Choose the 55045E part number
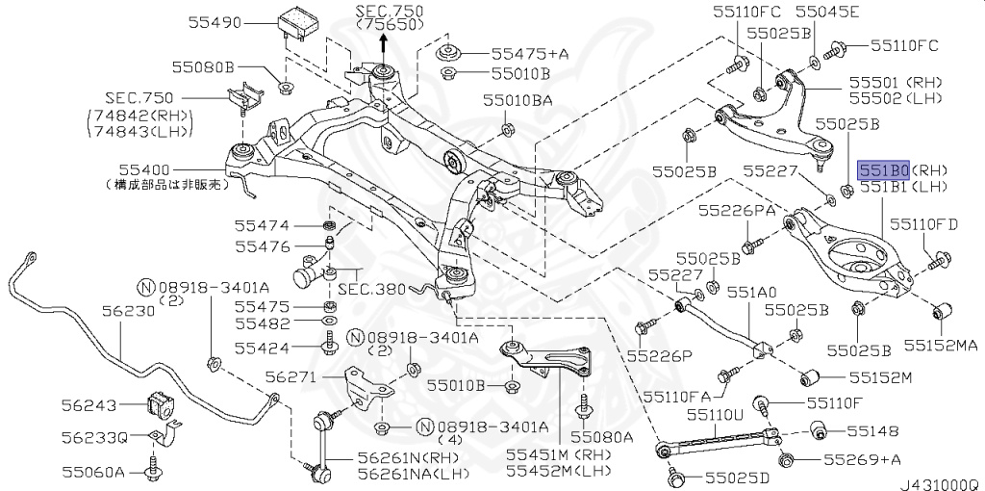(827, 13)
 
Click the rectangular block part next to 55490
(302, 24)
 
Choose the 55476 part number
(261, 247)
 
